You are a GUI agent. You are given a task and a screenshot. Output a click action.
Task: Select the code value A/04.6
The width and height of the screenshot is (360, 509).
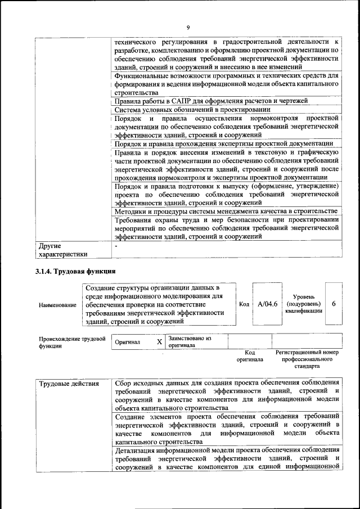pos(268,304)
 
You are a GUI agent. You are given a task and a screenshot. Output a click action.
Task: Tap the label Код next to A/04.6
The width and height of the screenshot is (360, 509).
pos(244,304)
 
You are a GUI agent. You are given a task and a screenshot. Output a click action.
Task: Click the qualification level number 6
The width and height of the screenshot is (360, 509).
pos(334,304)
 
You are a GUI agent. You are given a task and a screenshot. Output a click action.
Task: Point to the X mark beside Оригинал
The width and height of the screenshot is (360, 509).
pos(159,341)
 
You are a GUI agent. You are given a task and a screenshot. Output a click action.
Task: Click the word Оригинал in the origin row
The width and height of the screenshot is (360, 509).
pos(128,342)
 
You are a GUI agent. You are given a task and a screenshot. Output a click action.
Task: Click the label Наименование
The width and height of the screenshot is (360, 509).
pos(57,305)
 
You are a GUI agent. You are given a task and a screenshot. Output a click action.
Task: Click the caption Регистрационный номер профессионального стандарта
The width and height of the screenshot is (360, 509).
pos(307,358)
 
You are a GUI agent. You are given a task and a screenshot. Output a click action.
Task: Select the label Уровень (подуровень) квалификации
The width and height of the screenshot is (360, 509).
pos(303,304)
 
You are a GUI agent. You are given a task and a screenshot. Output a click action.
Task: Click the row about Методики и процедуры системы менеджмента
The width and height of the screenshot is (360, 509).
pos(225,211)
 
